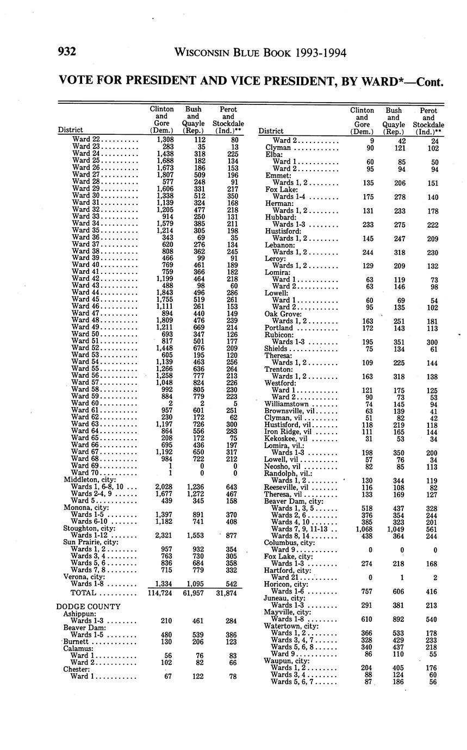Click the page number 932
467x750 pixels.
[66, 53]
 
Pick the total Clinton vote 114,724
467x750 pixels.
[161, 593]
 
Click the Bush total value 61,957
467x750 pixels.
[193, 593]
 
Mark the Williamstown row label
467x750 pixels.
[286, 404]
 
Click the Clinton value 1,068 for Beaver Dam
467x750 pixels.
[363, 529]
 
